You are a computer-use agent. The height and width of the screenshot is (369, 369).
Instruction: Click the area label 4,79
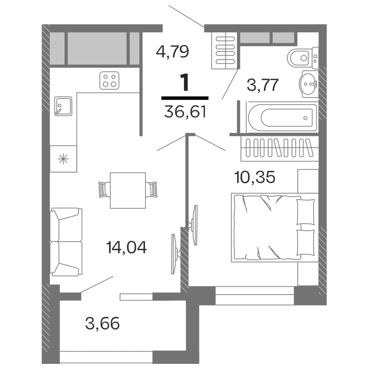tap(173, 52)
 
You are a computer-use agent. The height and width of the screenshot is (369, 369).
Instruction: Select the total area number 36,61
tap(185, 111)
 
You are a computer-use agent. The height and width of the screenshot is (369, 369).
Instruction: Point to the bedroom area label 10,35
tap(254, 178)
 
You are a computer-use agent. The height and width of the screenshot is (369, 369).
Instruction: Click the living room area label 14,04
tap(126, 248)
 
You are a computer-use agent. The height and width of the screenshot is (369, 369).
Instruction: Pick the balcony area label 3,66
tap(103, 323)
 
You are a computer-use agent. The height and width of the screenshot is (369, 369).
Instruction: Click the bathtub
tap(281, 117)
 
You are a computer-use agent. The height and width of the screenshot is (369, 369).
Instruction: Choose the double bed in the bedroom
tap(266, 227)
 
